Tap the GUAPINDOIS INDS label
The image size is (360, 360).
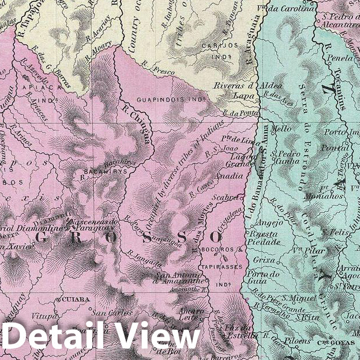pos(171,99)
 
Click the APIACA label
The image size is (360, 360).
pos(41,88)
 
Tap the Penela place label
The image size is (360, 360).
pos(339,58)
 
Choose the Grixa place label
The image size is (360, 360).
pos(258,260)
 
